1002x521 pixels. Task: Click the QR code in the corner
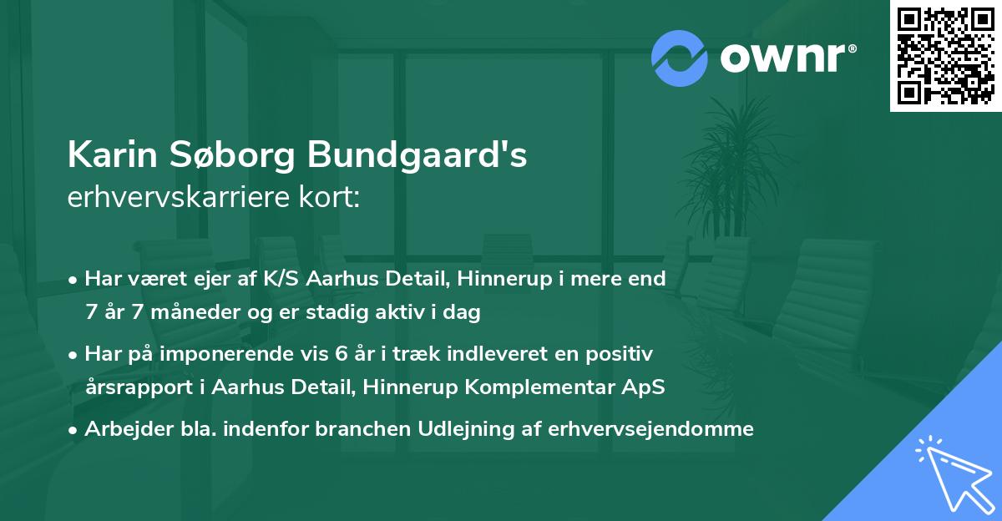945,56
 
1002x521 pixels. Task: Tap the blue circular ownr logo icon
680,58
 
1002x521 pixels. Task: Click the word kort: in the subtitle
331,198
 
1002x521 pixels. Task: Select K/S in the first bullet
282,279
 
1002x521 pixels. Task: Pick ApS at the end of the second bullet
647,387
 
